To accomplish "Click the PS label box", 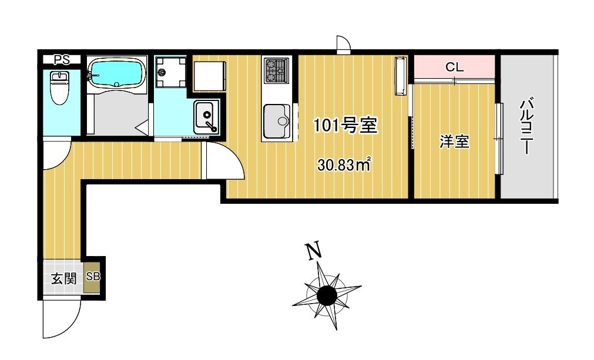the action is coord(61,59).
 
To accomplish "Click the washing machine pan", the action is coord(170,72).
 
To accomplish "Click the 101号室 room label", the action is coord(345,125).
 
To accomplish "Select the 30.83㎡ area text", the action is coord(344,165).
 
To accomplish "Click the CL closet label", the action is coord(454,68).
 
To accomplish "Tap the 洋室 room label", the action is coord(455,142).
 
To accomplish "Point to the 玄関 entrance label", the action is coord(64,278).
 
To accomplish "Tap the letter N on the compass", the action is coord(314,251).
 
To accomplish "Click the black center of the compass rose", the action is coord(327,295).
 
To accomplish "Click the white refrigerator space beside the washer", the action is coord(210,76).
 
